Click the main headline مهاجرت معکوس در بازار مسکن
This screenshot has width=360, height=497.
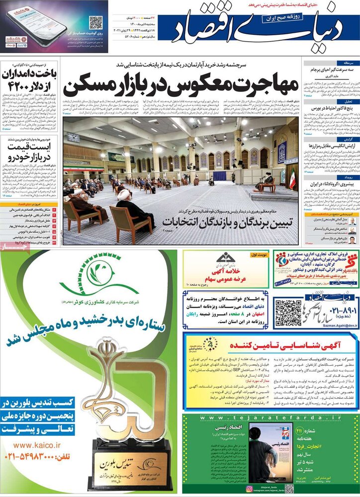click(x=181, y=85)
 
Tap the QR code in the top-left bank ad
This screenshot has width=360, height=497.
click(x=95, y=23)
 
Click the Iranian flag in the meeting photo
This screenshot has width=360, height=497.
click(x=292, y=179)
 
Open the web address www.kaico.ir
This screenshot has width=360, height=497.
click(x=37, y=445)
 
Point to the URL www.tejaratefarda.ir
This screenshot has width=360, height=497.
click(x=270, y=418)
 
